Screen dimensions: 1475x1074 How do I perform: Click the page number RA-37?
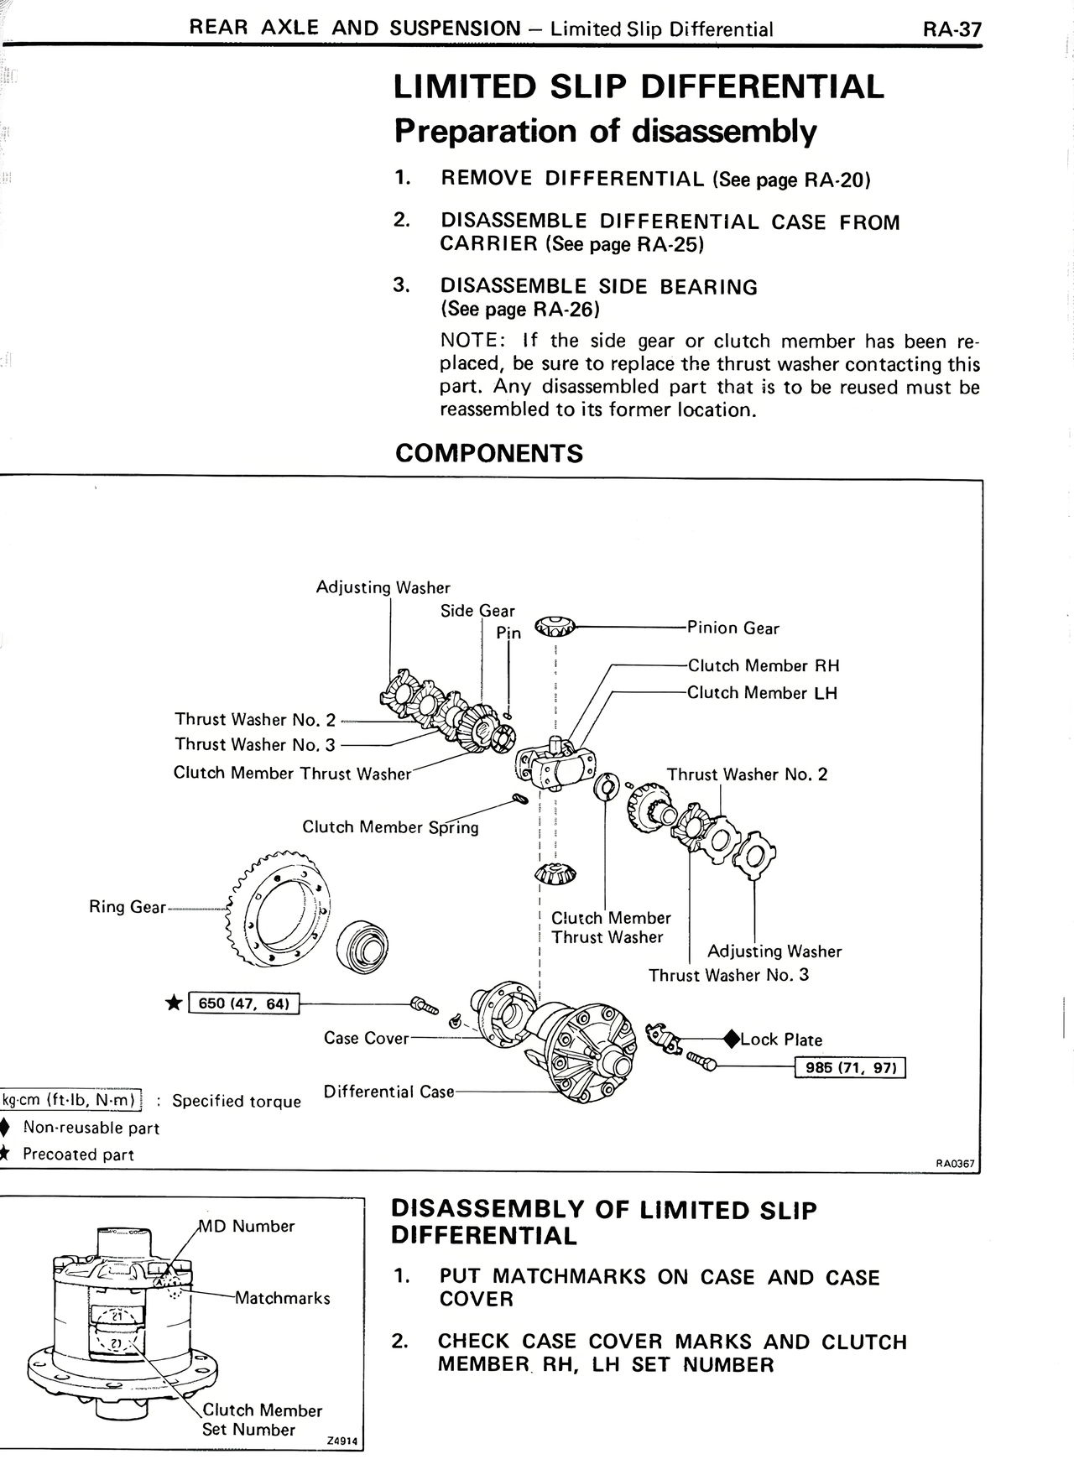tap(951, 30)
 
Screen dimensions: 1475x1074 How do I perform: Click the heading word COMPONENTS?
tap(488, 454)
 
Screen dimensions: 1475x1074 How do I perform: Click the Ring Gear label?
tap(128, 907)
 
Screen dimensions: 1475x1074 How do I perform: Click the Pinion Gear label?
tap(733, 628)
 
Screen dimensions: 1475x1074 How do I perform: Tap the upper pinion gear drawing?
tap(555, 626)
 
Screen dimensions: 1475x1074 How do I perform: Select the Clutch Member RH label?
tap(763, 666)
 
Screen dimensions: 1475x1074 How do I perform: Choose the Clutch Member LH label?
tap(762, 693)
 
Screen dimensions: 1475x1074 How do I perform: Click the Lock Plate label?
tap(780, 1040)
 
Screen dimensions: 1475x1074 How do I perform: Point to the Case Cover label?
tap(366, 1039)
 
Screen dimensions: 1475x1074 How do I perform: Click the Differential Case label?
tap(388, 1092)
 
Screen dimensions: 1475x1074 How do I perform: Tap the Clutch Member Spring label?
tap(390, 827)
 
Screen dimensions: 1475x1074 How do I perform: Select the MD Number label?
tap(247, 1227)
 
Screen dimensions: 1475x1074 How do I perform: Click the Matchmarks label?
tap(282, 1299)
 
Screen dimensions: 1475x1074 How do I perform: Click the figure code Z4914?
tap(341, 1441)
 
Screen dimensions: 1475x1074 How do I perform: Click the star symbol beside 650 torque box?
tap(174, 1003)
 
